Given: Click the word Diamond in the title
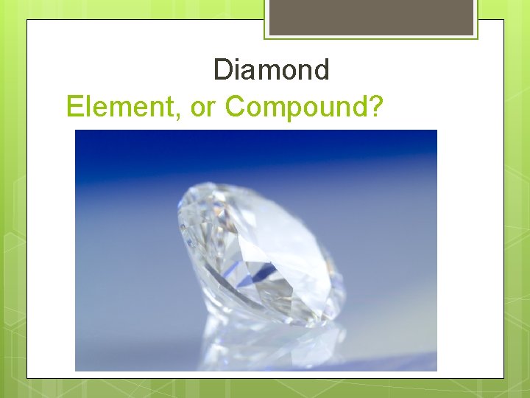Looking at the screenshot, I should pos(271,71).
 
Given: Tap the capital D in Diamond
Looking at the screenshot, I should pos(222,71).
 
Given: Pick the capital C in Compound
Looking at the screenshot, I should pos(236,107).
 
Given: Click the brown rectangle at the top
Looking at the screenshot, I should pos(371,17).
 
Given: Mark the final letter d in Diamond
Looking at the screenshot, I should pos(322,71).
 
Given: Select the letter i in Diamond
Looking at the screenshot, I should pos(236,71).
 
